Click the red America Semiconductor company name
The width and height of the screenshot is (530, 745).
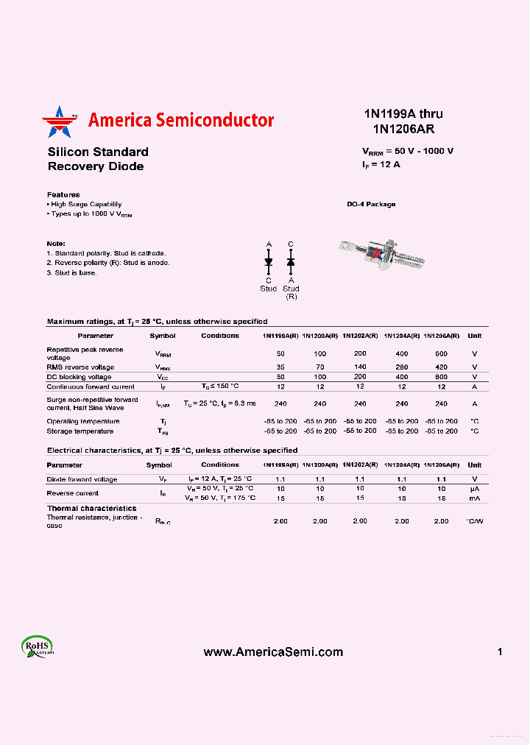coord(180,121)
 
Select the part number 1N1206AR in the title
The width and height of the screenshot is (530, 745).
coord(403,129)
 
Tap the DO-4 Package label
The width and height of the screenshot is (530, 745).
coord(371,204)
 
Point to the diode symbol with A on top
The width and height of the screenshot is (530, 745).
coord(269,261)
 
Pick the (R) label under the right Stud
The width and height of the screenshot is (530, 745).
coord(291,296)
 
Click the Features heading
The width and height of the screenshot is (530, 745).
coord(63,194)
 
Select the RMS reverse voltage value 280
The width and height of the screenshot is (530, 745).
coord(401,367)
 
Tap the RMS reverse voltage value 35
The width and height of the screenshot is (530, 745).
coord(280,367)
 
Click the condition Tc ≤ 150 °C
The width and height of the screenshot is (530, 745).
coord(220,386)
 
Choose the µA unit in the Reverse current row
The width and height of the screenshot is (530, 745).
coord(475,489)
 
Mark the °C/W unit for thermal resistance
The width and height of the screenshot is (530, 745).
coord(475,520)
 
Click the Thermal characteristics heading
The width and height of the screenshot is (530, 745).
coord(91,509)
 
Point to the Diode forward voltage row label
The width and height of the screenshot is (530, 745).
coord(82,479)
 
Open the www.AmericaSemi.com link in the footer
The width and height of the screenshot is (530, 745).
coord(272,652)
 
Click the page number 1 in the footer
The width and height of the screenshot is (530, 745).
coord(500,652)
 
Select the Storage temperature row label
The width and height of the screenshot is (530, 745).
coord(80,431)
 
